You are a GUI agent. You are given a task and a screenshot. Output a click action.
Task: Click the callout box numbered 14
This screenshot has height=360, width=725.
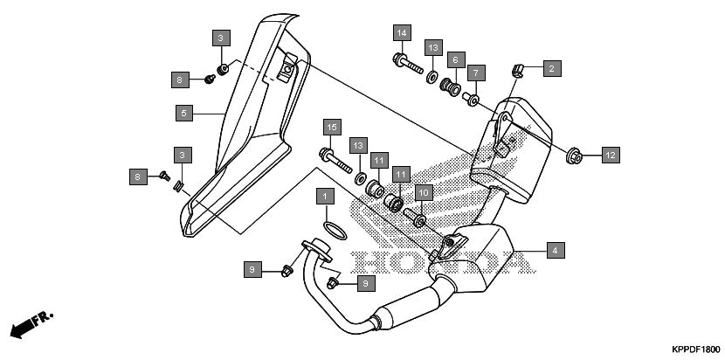(401, 33)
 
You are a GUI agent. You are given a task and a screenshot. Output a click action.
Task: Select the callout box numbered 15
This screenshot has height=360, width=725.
(331, 128)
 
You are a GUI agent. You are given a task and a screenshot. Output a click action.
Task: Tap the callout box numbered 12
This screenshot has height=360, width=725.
(611, 156)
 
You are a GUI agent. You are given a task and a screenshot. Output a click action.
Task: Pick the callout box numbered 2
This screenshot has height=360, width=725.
(551, 66)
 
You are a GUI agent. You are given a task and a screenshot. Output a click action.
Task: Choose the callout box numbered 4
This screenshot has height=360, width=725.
(553, 250)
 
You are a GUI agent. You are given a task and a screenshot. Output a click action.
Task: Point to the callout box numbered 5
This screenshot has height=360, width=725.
(183, 113)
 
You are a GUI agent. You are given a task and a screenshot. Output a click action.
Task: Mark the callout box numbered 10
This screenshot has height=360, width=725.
(423, 191)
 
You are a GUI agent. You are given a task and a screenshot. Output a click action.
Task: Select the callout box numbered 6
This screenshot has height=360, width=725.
(454, 60)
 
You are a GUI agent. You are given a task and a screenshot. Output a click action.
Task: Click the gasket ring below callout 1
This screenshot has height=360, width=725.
(332, 230)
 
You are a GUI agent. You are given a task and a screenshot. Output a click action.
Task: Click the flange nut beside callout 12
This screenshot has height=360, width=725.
(573, 156)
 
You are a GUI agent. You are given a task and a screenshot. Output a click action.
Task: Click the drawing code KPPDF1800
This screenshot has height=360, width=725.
(695, 348)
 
